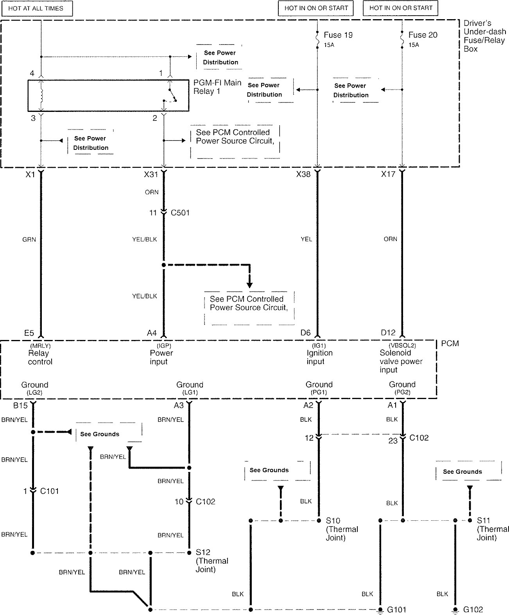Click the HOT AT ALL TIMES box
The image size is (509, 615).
pos(36,8)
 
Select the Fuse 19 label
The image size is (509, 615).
pos(338,35)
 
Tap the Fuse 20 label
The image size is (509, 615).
pos(423,35)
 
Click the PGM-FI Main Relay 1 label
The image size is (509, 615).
pos(217,87)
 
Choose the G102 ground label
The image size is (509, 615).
pos(473,610)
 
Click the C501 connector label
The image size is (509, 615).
pos(180,213)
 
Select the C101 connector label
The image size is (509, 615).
pos(49,491)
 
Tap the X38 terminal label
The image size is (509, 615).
pos(303,174)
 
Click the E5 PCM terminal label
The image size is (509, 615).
pos(29,333)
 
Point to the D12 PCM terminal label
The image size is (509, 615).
pos(388,333)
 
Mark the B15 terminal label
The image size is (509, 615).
pos(20,405)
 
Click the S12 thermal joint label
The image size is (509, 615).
pos(203,552)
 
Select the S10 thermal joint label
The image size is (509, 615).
pos(333,521)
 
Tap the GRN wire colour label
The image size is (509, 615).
pos(29,239)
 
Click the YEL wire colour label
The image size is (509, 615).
pos(306,239)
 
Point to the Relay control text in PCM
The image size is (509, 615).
pos(40,357)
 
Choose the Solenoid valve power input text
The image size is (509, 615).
pos(401,361)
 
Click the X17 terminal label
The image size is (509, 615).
pos(388,174)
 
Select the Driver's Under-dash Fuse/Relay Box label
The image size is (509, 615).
pos(484,36)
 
